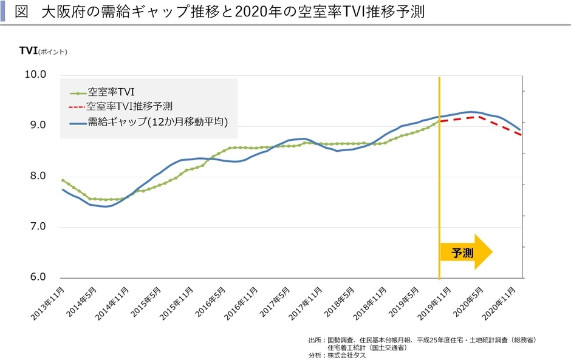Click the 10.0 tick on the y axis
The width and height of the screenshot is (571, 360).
tap(35, 75)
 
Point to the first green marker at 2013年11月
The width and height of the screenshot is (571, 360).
tap(63, 180)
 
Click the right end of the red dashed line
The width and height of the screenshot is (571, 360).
tap(521, 135)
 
